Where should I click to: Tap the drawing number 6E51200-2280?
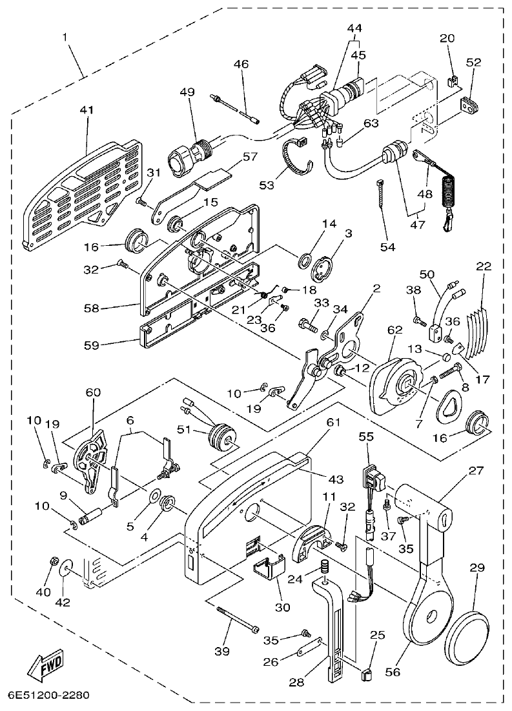coord(48,696)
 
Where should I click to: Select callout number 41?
coord(87,110)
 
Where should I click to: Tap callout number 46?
coord(241,64)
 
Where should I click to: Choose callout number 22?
coord(484,266)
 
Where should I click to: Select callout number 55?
coord(367,436)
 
